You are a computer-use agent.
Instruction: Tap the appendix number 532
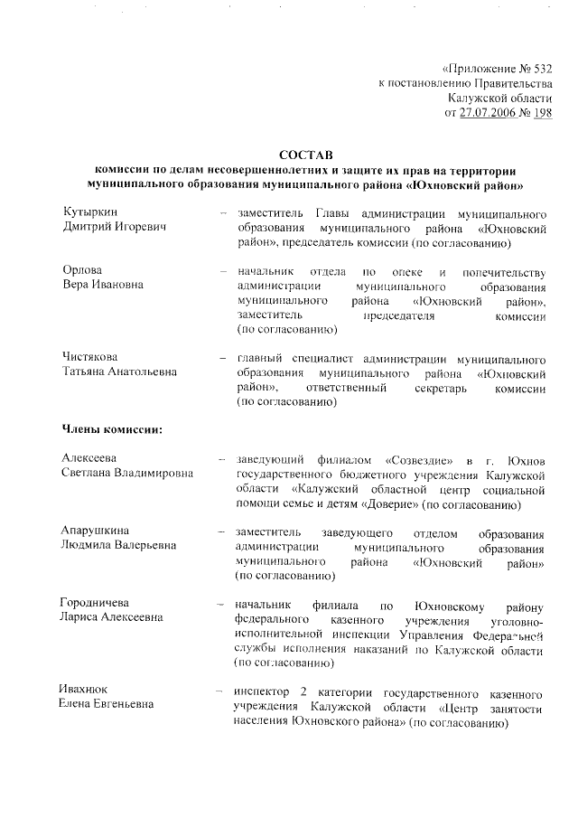pyautogui.click(x=536, y=68)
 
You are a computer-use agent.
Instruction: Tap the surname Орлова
pyautogui.click(x=82, y=271)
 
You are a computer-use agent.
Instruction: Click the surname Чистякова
pyautogui.click(x=90, y=357)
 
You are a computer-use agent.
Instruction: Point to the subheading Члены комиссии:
pyautogui.click(x=112, y=428)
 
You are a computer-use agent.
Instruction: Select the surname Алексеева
pyautogui.click(x=89, y=457)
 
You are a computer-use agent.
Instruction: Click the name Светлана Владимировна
pyautogui.click(x=126, y=473)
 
